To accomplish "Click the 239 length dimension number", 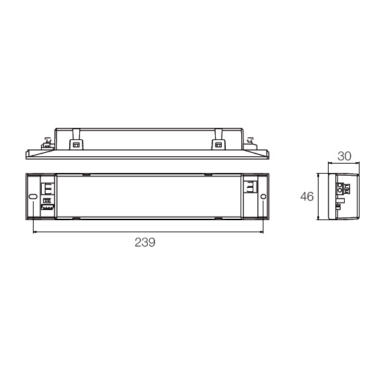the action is point(144,242).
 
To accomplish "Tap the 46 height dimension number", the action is point(306,197).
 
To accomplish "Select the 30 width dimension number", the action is point(344,156).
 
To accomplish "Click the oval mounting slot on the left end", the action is point(33,197).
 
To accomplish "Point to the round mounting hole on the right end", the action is point(263,197).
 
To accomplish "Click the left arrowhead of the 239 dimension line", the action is point(34,232).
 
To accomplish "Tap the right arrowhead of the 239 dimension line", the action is point(261,232).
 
